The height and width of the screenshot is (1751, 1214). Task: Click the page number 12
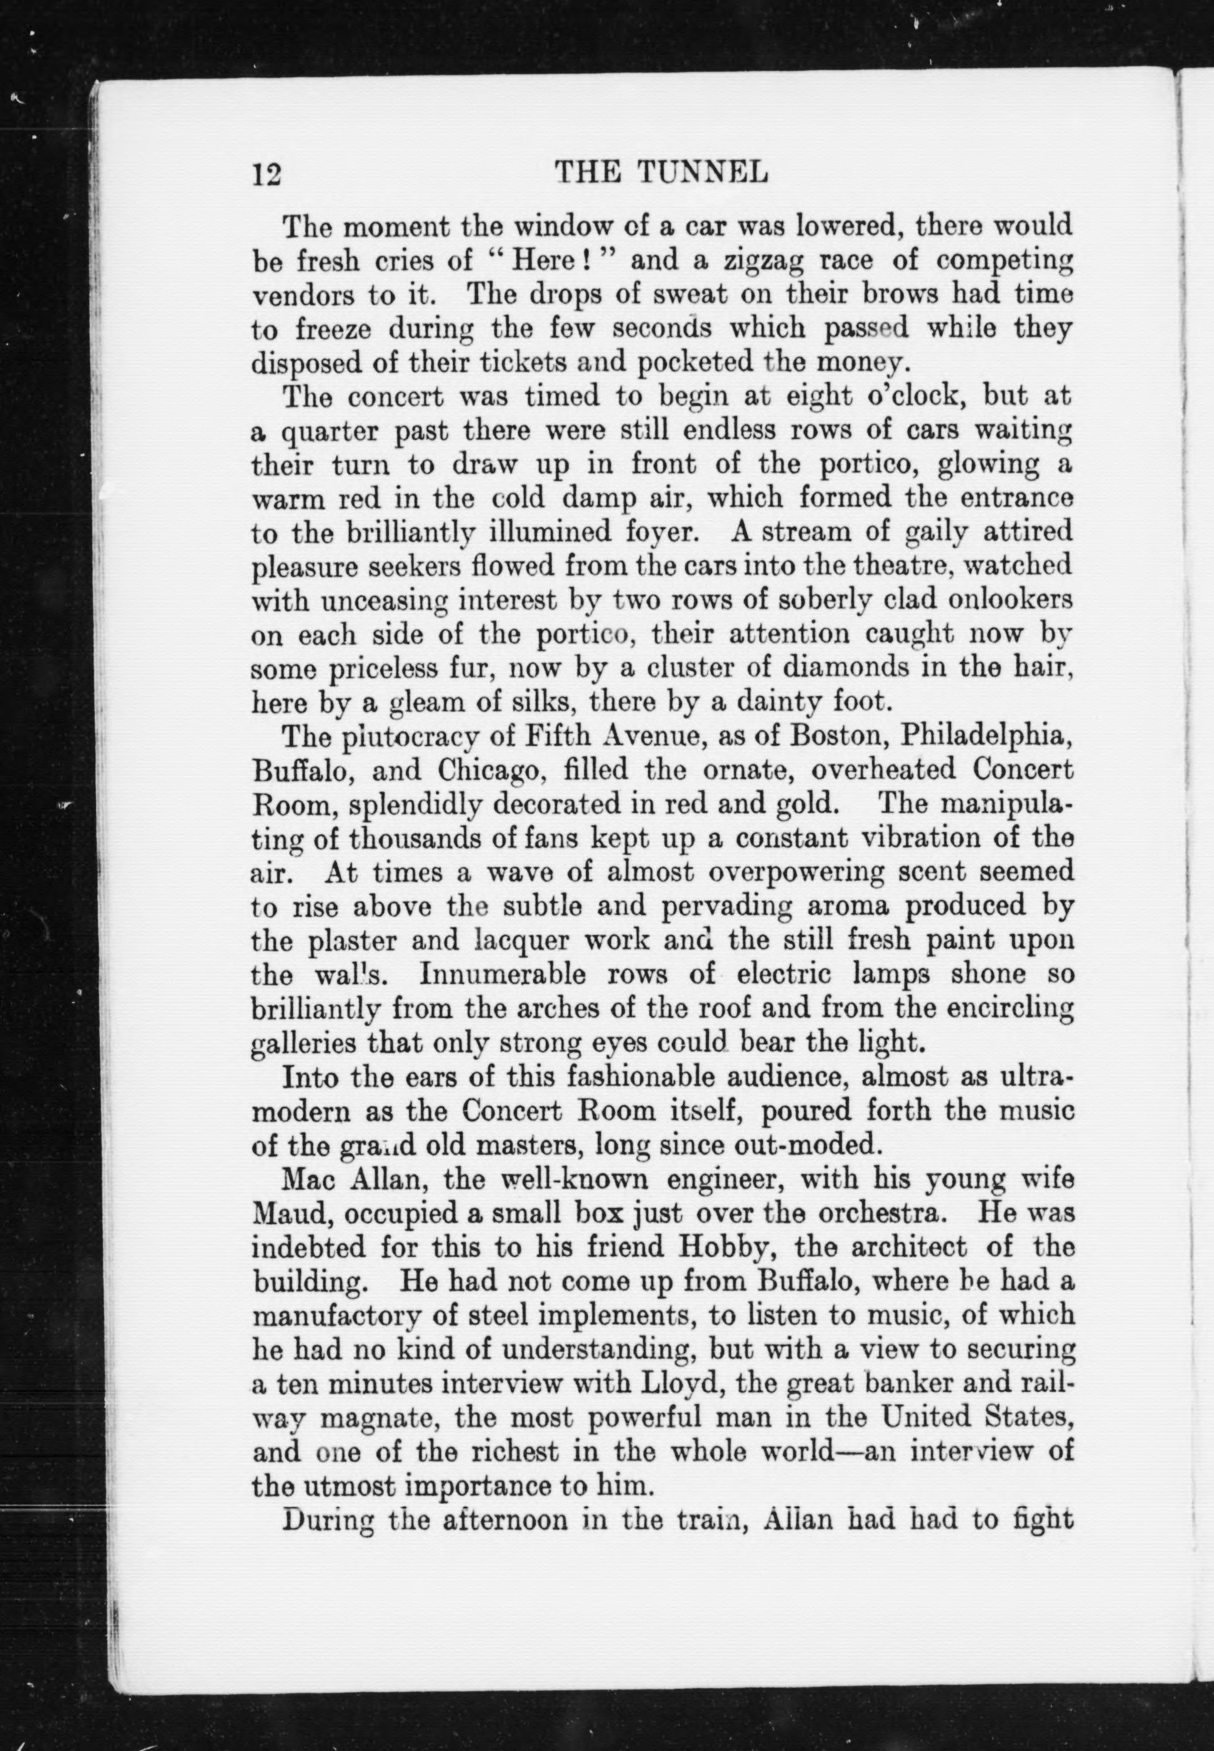click(x=266, y=175)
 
